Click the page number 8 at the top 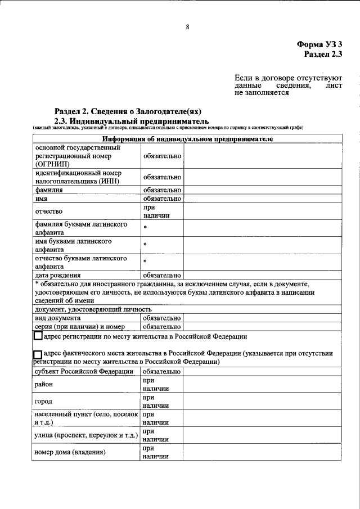[187, 26]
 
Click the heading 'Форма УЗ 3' [319, 44]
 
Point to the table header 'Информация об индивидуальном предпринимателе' [187, 139]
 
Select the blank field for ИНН [262, 177]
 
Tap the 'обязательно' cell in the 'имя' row [162, 199]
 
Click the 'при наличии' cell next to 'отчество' [162, 211]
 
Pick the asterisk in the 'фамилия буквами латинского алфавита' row [145, 228]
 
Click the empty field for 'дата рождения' [262, 276]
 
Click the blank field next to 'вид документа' [262, 318]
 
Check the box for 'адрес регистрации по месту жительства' [38, 337]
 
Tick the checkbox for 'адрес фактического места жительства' [38, 354]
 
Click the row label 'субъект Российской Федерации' [84, 372]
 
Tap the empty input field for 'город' [262, 402]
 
